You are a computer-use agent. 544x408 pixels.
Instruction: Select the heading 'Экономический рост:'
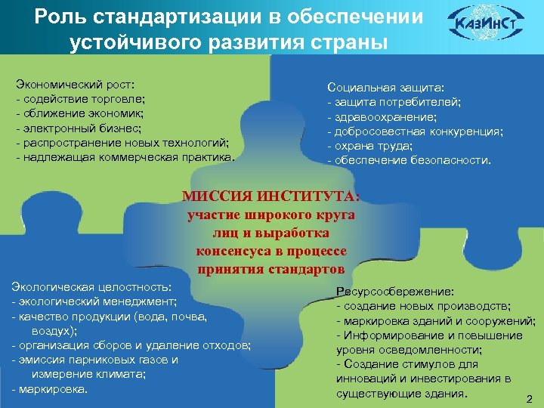pyautogui.click(x=76, y=85)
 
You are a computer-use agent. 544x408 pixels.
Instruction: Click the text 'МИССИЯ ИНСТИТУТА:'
pyautogui.click(x=271, y=197)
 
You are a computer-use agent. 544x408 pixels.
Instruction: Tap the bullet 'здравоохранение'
pyautogui.click(x=382, y=117)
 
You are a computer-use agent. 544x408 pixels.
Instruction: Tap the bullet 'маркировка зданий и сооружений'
pyautogui.click(x=438, y=320)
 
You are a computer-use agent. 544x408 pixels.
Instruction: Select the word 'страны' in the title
pyautogui.click(x=348, y=42)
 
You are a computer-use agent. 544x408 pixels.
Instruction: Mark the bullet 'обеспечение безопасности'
pyautogui.click(x=412, y=160)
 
